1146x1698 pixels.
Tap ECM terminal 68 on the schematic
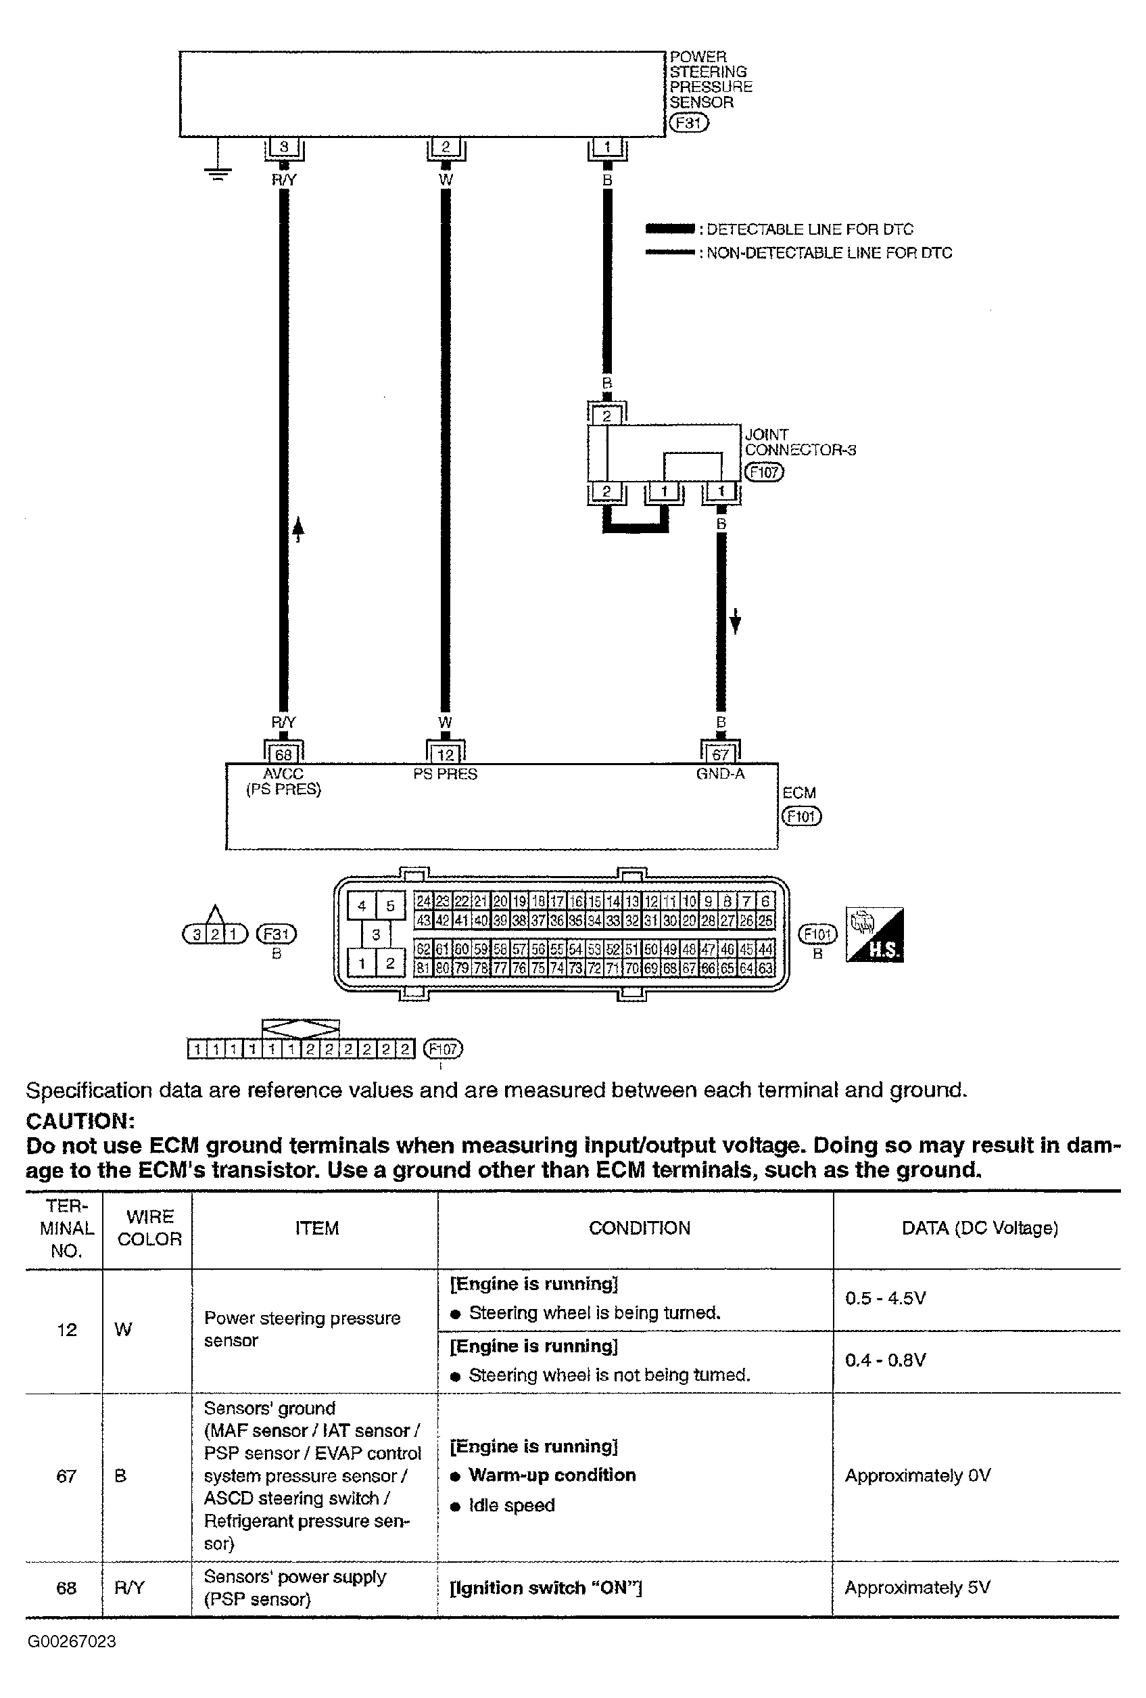(283, 754)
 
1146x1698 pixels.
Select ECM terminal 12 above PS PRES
(446, 754)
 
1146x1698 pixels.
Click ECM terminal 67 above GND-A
(720, 754)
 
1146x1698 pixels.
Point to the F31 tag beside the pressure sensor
(689, 122)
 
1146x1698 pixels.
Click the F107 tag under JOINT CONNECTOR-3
(763, 472)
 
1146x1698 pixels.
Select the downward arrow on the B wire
(736, 621)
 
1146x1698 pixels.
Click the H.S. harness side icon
(874, 934)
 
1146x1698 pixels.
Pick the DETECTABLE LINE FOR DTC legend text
(809, 229)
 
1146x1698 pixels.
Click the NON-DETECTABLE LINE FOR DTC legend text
(829, 253)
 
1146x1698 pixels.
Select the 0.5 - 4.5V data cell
(885, 1298)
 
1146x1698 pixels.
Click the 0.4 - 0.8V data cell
(885, 1360)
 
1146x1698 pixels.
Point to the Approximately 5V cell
(917, 1588)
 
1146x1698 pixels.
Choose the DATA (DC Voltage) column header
(980, 1227)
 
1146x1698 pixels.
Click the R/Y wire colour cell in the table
(129, 1588)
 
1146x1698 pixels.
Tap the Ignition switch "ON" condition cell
(546, 1588)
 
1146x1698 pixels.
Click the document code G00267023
(72, 1642)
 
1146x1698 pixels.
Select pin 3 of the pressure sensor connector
(284, 147)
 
